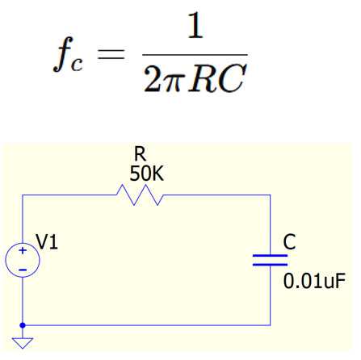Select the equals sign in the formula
coord(114,54)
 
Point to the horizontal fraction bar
coord(194,54)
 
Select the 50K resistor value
coord(142,174)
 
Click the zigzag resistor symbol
coord(141,195)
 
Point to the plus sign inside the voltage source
coord(23,253)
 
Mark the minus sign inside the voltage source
coord(23,269)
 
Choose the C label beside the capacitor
coord(290,241)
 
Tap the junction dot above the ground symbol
coord(23,325)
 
